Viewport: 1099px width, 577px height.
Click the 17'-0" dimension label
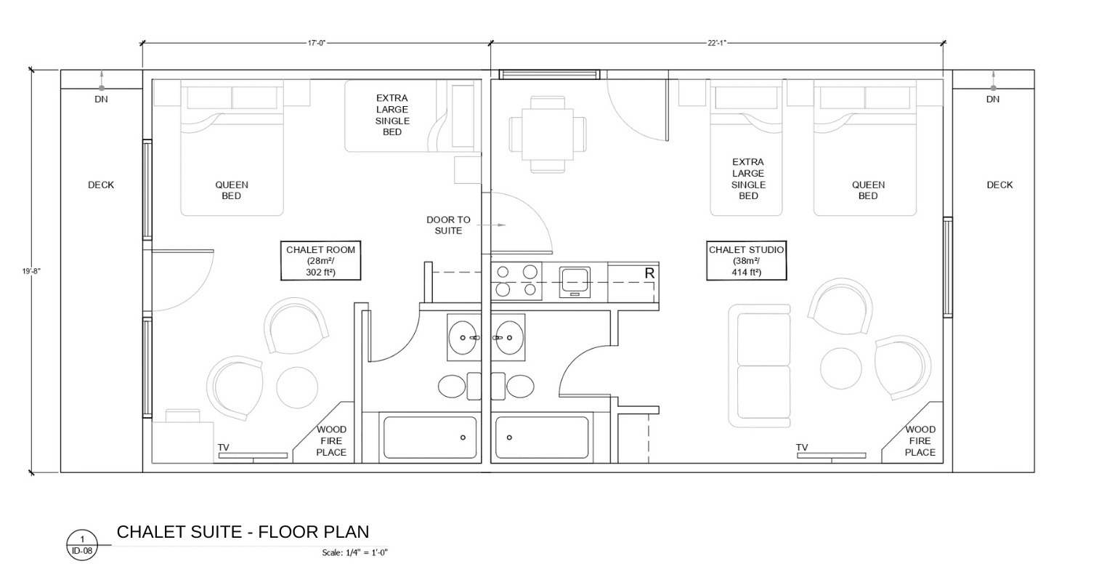317,43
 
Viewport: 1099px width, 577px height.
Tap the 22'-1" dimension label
716,43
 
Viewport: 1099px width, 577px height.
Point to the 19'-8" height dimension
31,271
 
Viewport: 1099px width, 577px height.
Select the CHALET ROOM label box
320,261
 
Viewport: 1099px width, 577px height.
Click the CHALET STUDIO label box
746,261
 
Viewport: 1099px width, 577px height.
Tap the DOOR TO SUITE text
448,225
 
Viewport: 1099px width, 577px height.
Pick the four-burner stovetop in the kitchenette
516,281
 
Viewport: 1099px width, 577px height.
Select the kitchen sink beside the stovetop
575,282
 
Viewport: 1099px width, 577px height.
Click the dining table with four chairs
548,134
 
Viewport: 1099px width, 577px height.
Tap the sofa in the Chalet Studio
760,366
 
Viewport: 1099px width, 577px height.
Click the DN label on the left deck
101,99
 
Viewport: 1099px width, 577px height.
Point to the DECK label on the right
999,185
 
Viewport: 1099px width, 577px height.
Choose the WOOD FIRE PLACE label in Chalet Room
331,440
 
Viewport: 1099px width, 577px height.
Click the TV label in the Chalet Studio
802,448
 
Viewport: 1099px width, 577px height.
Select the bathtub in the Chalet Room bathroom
430,437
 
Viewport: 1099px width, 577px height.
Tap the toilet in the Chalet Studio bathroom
513,387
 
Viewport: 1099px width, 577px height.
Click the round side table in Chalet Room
297,387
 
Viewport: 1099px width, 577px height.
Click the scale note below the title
354,552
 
